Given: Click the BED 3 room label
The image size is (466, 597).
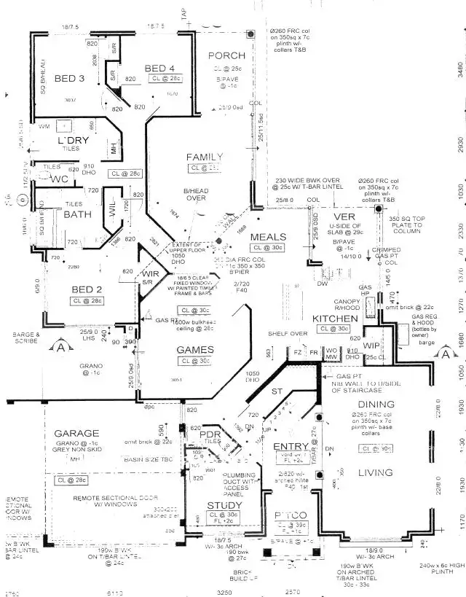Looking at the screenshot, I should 71,79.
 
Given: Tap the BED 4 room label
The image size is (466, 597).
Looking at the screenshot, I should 159,69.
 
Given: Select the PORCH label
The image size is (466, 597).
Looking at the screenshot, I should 226,56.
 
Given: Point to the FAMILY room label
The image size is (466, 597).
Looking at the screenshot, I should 205,157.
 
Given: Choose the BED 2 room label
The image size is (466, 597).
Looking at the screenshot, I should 87,289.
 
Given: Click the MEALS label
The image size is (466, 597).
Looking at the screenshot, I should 269,238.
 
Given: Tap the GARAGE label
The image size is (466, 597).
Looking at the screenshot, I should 76,434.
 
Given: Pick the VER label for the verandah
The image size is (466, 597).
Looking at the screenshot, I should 343,218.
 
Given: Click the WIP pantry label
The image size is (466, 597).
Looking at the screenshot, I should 372,345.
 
